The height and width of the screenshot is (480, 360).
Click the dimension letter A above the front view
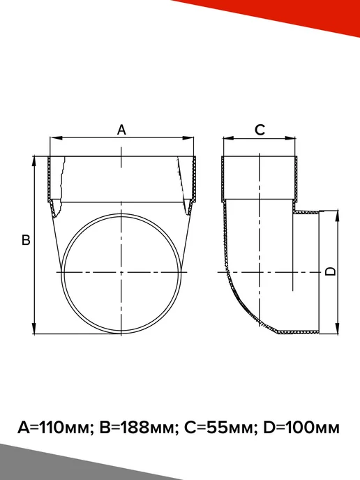pos(121,130)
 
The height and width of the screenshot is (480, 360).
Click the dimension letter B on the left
pos(26,240)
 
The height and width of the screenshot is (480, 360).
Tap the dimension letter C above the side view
pos(260,130)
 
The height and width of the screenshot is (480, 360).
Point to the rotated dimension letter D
pos(330,271)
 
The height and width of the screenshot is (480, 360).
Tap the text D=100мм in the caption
pos(301,428)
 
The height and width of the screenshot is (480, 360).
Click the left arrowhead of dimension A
pos(56,138)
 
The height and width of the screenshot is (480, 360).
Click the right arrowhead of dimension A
pos(188,138)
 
